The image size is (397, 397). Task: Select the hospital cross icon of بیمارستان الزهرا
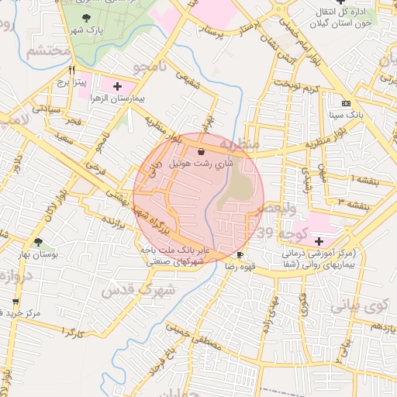tap(117, 86)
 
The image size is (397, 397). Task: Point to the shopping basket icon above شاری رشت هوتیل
tap(202, 151)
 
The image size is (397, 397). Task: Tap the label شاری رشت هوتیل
tap(200, 164)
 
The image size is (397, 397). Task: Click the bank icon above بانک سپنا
tap(346, 103)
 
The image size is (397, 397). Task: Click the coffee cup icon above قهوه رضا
tap(240, 254)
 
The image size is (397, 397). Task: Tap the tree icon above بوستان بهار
tap(38, 243)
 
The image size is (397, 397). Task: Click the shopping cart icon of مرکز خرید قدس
tap(15, 301)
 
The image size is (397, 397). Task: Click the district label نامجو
tap(153, 69)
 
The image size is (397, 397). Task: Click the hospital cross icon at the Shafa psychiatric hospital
tap(319, 242)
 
